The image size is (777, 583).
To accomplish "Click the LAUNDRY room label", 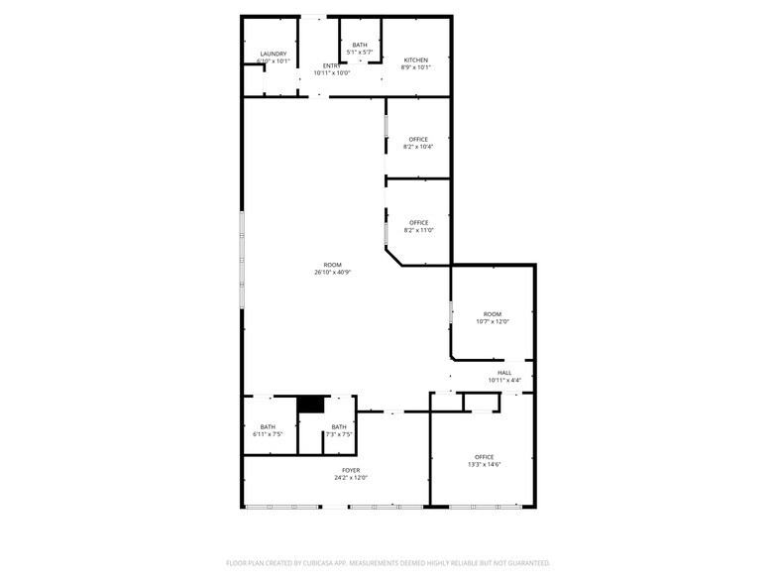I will coord(274,54).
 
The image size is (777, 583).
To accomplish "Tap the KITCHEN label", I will coord(417,60).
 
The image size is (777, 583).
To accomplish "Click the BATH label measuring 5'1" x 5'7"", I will coord(359,45).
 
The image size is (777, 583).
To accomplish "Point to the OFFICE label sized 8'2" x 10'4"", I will coord(418,139).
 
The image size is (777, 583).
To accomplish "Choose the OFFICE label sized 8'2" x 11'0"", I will coord(418,222).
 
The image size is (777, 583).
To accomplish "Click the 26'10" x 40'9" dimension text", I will coord(333,273).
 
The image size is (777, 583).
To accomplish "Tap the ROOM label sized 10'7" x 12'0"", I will coord(493,313).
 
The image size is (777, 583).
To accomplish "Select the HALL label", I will coord(504,373).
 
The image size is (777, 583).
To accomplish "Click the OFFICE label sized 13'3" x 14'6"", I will coord(484,457).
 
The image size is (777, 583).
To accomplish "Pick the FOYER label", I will coord(351,470).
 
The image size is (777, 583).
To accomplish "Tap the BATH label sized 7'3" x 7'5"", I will coord(339,426).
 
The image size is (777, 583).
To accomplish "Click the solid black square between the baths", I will coord(311,405).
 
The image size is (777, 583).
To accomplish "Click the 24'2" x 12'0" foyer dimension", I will coord(351,478).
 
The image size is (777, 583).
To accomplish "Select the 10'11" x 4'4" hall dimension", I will coord(504,381).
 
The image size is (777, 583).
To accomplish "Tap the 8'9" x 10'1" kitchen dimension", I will coord(417,68).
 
